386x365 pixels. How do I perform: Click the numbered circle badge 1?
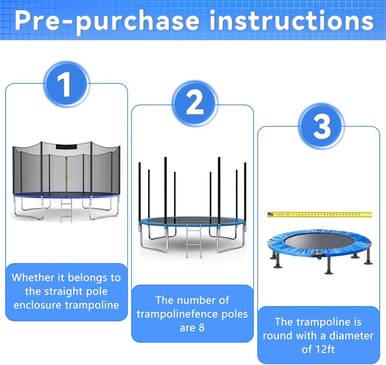66,84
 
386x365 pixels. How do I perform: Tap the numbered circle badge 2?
195,104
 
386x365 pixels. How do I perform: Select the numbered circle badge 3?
321,126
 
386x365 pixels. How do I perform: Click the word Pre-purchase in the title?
107,21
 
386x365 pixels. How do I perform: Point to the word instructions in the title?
292,20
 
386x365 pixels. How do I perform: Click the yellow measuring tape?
319,214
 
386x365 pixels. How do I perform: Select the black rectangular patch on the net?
67,147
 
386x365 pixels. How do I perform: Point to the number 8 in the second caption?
202,328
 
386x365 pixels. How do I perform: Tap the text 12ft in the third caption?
325,349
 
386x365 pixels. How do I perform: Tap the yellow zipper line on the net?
66,177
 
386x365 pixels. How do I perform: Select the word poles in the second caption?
234,314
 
